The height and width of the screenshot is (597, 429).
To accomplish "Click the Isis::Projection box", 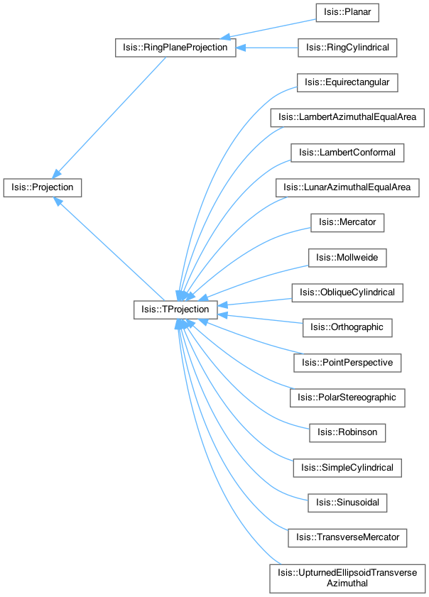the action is coord(43,187).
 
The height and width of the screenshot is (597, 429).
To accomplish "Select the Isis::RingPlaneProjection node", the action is coord(175,48).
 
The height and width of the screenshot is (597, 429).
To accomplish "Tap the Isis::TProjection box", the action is coord(175,310).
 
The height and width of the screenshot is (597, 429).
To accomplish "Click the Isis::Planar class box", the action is coord(347,13).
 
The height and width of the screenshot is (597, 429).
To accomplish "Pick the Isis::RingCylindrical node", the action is coord(347,48).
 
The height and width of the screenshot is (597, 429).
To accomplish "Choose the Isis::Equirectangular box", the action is coord(347,82).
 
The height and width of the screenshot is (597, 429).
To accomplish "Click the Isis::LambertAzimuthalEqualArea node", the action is coord(347,118).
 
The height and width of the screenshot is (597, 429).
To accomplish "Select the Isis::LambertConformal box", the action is coord(347,153).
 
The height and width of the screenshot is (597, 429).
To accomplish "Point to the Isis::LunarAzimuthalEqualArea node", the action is coord(347,187).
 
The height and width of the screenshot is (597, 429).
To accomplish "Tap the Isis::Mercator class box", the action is coord(347,223).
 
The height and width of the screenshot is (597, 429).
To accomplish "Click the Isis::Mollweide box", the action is coord(347,258).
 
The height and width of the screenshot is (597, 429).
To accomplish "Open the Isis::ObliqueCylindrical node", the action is coord(347,292).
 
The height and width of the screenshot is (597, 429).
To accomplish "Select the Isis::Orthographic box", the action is coord(347,327).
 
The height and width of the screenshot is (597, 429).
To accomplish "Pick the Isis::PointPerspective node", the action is coord(347,363).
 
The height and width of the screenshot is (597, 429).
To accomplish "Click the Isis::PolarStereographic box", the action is coord(347,398).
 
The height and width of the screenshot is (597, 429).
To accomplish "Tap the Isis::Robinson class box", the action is coord(347,433).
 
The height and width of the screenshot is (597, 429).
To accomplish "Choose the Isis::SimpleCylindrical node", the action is coord(347,468).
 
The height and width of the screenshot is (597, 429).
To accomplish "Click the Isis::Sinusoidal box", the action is coord(347,503).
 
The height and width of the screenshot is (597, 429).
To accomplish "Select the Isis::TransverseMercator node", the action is coord(347,538).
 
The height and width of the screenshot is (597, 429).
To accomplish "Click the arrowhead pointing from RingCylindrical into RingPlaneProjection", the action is coord(241,48).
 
